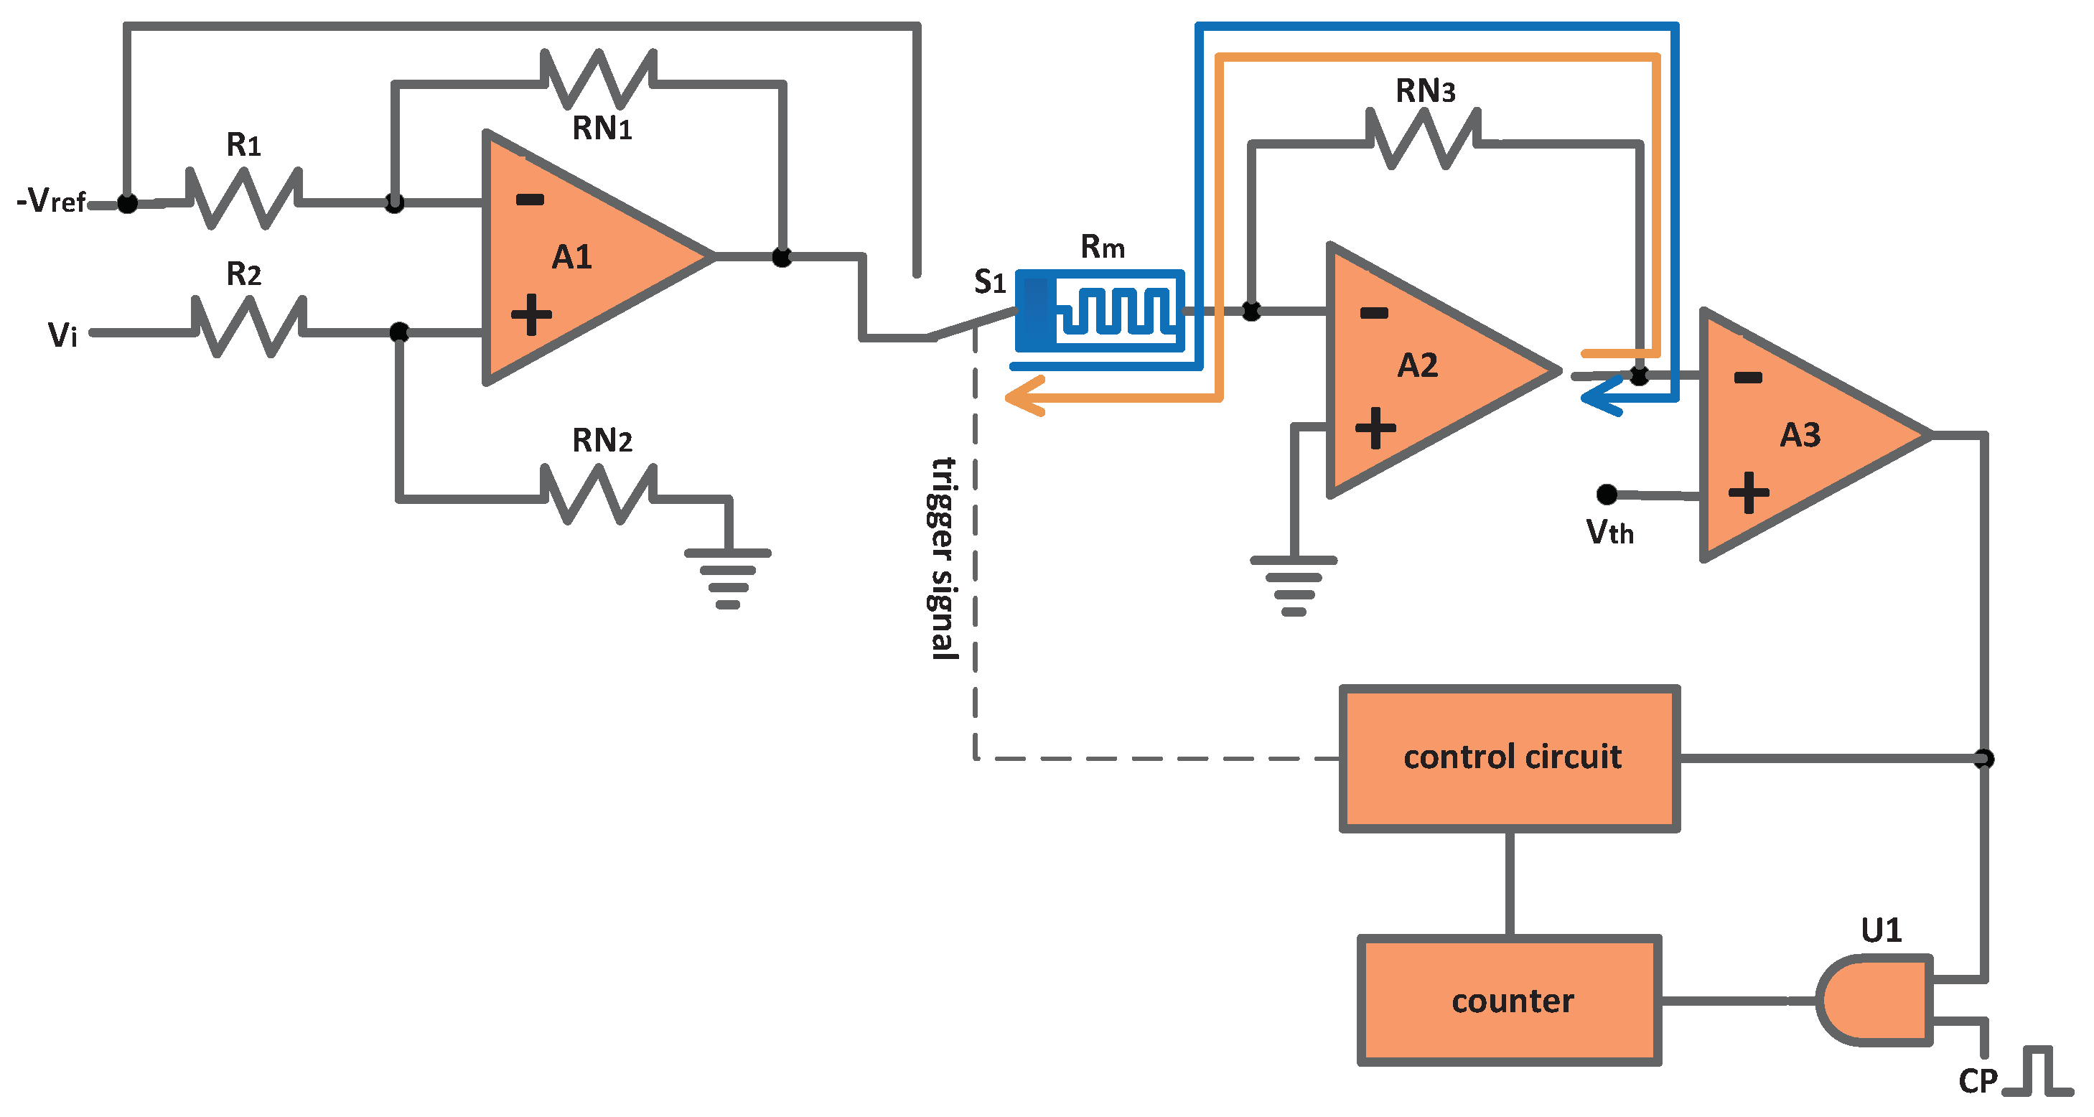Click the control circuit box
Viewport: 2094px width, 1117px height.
point(1510,757)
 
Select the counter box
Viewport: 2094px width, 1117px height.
point(1510,1000)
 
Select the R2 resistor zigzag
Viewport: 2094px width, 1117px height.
point(248,327)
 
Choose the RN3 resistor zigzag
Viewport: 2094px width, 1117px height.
point(1423,139)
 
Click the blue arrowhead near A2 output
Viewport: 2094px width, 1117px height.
point(1602,398)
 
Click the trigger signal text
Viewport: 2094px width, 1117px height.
point(943,558)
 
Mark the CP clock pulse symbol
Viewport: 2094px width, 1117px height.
point(2037,1073)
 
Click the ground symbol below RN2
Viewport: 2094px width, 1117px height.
point(727,579)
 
